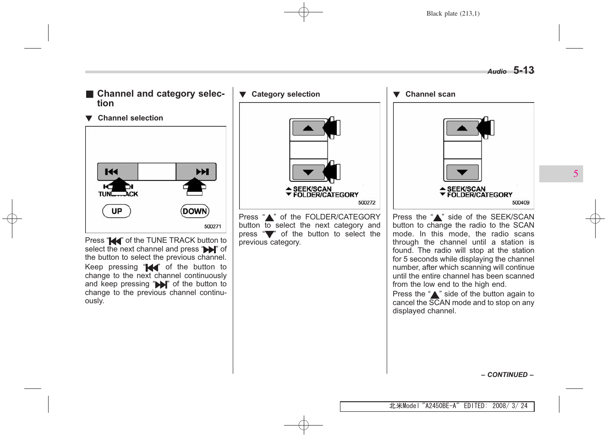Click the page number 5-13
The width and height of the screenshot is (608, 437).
tap(523, 70)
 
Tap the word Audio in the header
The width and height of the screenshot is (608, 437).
tap(497, 71)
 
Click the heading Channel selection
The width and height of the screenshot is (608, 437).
tap(130, 118)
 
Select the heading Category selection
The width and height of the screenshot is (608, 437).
tap(285, 94)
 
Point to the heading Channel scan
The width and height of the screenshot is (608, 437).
tap(430, 94)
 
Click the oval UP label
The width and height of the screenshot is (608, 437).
tap(116, 211)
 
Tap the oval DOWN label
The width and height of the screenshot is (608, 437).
tap(195, 211)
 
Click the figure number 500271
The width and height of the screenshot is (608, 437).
tap(213, 226)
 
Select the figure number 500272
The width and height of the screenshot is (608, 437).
tap(367, 202)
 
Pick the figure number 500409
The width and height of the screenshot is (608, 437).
tap(520, 202)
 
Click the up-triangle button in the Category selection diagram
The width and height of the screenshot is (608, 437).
tap(308, 128)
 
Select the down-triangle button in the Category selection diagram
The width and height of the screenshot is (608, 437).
tap(308, 172)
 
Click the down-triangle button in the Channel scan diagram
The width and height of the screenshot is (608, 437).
tap(462, 172)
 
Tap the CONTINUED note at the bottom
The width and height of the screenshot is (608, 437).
tap(507, 375)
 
